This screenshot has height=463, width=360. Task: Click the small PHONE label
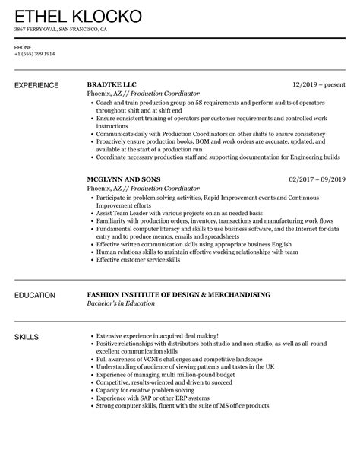click(x=22, y=47)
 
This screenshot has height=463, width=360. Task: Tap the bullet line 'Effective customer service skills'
click(x=137, y=260)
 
